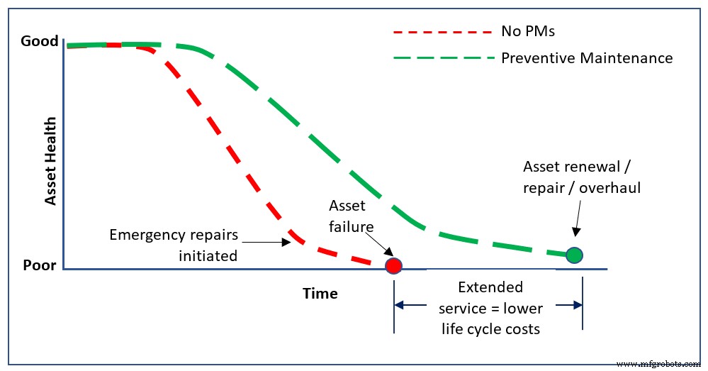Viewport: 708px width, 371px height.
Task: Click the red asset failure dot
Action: [393, 265]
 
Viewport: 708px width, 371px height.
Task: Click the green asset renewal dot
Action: [575, 255]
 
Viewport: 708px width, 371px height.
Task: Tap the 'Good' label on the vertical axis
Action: [40, 41]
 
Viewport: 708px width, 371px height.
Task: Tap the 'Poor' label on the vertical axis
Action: [40, 267]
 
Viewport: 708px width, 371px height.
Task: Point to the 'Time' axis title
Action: [320, 293]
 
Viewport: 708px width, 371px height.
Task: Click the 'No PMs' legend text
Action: [527, 31]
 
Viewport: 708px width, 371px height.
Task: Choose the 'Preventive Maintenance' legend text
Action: [587, 58]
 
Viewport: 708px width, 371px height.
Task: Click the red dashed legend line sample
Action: [442, 32]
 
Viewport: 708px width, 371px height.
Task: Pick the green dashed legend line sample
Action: [442, 58]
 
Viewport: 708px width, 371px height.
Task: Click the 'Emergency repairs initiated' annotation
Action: [173, 245]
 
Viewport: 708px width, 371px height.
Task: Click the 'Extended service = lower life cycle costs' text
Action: [490, 308]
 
